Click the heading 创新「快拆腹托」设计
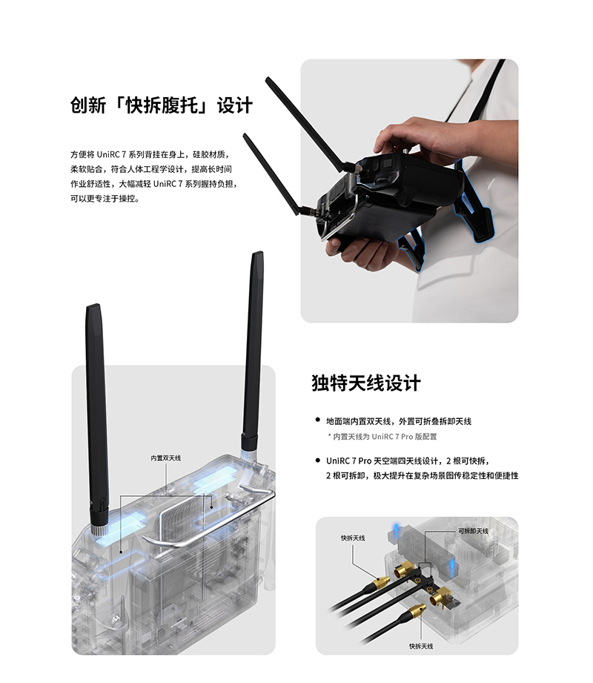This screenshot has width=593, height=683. [161, 105]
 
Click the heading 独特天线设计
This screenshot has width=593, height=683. [365, 383]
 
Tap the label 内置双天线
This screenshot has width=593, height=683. [166, 458]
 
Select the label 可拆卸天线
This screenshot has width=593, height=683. [473, 531]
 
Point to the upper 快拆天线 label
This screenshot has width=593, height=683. [353, 538]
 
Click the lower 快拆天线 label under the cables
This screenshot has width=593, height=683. [421, 647]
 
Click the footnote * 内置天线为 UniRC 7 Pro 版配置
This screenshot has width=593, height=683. [382, 437]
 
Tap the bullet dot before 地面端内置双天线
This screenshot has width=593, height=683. [318, 420]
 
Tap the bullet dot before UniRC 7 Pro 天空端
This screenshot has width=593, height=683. [318, 461]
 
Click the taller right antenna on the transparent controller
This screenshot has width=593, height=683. [253, 349]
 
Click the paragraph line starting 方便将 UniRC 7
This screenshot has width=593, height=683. [150, 155]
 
